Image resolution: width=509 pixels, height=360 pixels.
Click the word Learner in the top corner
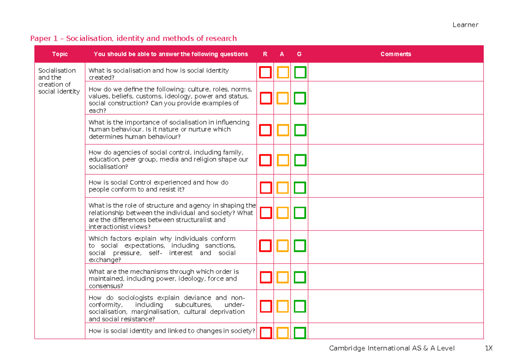[465, 25]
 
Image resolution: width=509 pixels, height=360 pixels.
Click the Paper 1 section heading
[133, 39]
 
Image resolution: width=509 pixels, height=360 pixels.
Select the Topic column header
[60, 54]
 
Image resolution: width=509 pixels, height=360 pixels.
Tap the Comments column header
[395, 54]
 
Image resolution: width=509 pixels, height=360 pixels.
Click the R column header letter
[265, 54]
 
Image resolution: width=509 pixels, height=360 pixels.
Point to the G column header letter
[299, 54]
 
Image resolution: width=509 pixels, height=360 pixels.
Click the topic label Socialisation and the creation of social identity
[59, 81]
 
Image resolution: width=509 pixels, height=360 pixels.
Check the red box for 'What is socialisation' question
[266, 73]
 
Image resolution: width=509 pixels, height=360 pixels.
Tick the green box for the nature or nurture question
[300, 130]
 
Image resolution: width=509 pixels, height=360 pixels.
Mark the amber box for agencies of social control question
[283, 160]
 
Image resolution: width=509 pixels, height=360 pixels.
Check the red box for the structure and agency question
[266, 212]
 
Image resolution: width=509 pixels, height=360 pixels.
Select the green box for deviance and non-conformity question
[300, 306]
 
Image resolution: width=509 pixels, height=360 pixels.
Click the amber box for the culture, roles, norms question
[283, 98]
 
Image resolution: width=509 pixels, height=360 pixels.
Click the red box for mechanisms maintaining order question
[266, 277]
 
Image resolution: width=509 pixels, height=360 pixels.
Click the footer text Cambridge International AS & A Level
[392, 348]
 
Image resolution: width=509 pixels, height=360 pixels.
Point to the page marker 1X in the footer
[489, 348]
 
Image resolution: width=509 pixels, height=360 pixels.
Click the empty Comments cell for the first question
[395, 73]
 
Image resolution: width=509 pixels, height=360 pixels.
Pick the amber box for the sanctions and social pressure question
[283, 245]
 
